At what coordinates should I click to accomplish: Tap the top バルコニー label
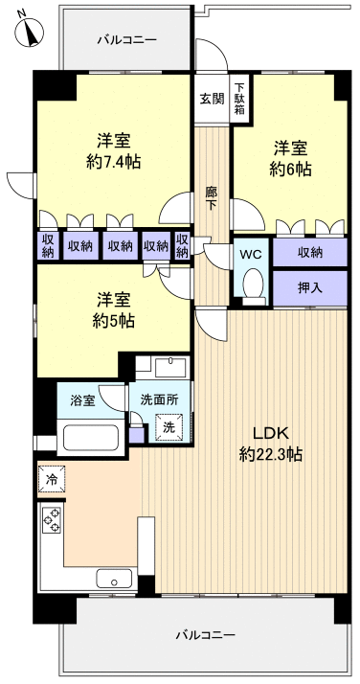coord(125,40)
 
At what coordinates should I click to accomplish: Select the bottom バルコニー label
coord(205,635)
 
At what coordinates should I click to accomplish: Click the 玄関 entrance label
coord(212,98)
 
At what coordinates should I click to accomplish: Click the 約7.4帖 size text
coord(113,162)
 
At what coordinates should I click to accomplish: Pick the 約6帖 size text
coord(290,169)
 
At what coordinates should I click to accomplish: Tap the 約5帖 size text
coord(113,320)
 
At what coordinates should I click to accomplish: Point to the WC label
coord(251,255)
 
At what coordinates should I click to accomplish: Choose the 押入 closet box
coord(308,286)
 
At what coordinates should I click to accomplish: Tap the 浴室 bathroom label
coord(82,399)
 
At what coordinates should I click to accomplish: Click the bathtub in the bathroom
coord(88,439)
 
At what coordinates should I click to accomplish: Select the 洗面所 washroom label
coord(159,399)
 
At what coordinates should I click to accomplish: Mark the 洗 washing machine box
coord(169,427)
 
